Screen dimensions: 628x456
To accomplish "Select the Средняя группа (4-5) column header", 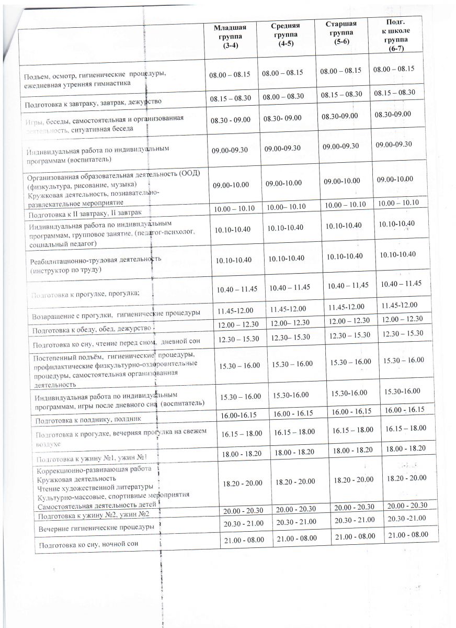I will pyautogui.click(x=286, y=35).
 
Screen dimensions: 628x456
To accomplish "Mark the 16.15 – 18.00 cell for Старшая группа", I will pyautogui.click(x=353, y=430).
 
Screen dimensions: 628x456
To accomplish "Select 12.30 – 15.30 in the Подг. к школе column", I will pyautogui.click(x=403, y=333).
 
